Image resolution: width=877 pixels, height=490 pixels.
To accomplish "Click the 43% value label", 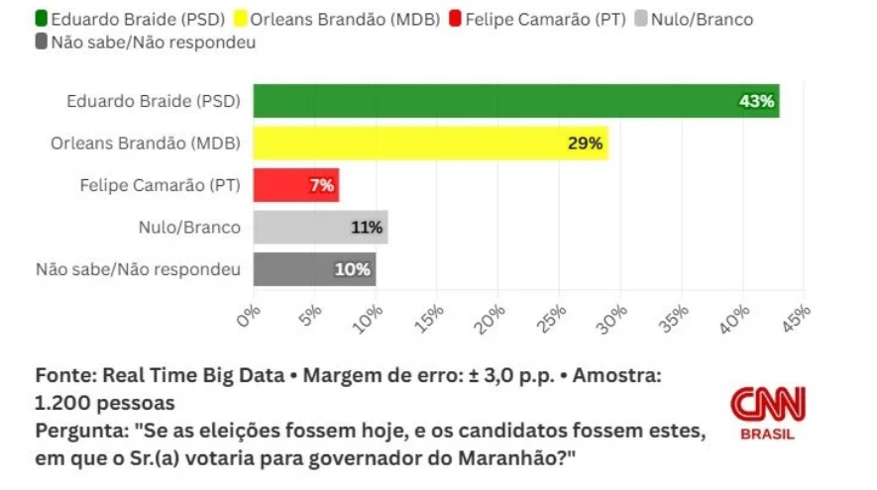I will pyautogui.click(x=757, y=101).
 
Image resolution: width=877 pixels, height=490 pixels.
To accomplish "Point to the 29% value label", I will pyautogui.click(x=585, y=144).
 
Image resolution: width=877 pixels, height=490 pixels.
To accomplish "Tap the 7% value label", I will pyautogui.click(x=321, y=185).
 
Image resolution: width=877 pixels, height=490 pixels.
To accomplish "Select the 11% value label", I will pyautogui.click(x=367, y=228).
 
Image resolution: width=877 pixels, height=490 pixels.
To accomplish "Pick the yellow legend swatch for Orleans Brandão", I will pyautogui.click(x=241, y=19).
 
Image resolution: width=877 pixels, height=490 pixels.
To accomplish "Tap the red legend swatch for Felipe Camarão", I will pyautogui.click(x=455, y=19).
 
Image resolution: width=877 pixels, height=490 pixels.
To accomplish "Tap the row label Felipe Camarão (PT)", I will pyautogui.click(x=160, y=185).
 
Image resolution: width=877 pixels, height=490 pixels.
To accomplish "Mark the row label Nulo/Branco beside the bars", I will pyautogui.click(x=189, y=228).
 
